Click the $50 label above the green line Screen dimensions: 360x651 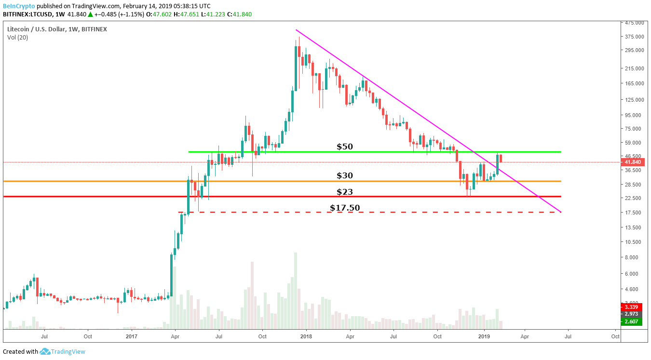pyautogui.click(x=345, y=147)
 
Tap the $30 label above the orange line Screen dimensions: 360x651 pyautogui.click(x=345, y=175)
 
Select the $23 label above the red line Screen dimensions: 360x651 pyautogui.click(x=345, y=192)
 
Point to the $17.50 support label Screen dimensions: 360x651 pyautogui.click(x=345, y=208)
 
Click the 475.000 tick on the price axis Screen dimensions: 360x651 pyautogui.click(x=634, y=23)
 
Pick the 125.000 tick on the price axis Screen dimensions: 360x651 pyautogui.click(x=634, y=100)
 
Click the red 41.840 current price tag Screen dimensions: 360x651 pyautogui.click(x=633, y=162)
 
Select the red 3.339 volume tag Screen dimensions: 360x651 pyautogui.click(x=632, y=307)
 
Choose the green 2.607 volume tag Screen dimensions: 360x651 pyautogui.click(x=632, y=321)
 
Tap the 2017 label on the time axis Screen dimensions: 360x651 pyautogui.click(x=131, y=336)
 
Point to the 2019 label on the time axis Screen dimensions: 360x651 pyautogui.click(x=484, y=336)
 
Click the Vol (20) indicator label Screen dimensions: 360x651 pyautogui.click(x=17, y=37)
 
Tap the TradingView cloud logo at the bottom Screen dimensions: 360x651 pyautogui.click(x=45, y=352)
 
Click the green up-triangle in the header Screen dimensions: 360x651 pyautogui.click(x=90, y=14)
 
